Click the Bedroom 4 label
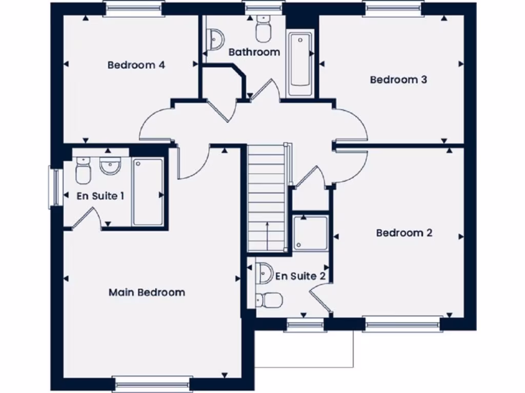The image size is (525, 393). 136,65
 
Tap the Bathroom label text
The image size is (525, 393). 254,52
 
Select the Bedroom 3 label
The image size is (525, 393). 398,80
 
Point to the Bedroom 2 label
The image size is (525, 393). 404,233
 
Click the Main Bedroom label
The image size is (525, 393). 147,293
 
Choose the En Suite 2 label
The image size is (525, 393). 300,276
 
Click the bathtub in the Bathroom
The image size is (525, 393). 300,64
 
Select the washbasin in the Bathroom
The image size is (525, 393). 216,38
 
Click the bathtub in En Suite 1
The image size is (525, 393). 148,192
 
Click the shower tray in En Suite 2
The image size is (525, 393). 311,233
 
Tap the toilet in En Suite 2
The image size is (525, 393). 270,300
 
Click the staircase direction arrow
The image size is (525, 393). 267,235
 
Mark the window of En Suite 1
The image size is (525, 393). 55,187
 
